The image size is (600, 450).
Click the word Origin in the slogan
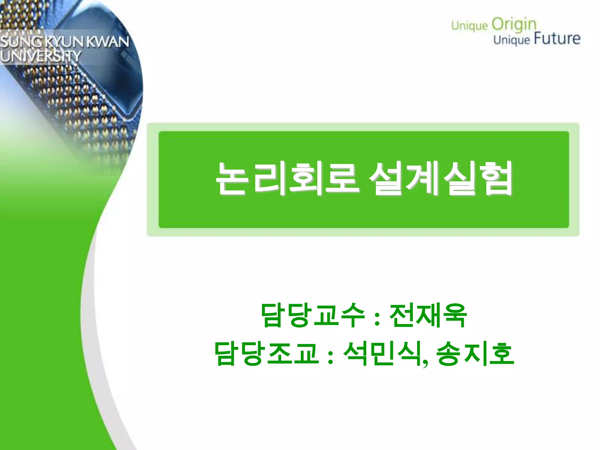[x=514, y=25]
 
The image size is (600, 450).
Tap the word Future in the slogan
[x=557, y=39]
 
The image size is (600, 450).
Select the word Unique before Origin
[x=469, y=26]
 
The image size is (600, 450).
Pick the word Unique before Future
[x=512, y=40]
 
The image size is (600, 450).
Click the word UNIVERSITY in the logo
[x=40, y=56]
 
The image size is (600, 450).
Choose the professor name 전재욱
[x=428, y=315]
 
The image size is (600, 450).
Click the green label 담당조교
[x=267, y=353]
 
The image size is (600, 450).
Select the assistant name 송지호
[x=475, y=353]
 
